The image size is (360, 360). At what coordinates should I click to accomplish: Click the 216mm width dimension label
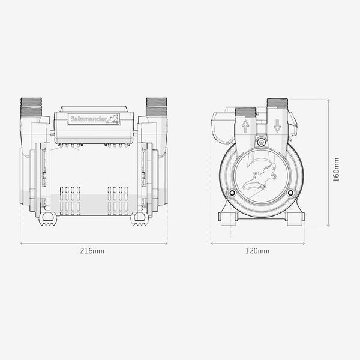pos(92,251)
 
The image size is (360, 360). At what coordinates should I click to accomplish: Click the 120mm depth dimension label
pos(257,251)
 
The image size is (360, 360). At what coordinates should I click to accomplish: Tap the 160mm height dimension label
pos(336,170)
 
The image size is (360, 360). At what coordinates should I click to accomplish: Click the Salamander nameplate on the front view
pos(94,119)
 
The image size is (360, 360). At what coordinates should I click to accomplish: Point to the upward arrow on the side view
pos(245,126)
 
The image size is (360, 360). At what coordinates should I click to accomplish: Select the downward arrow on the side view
pos(277,126)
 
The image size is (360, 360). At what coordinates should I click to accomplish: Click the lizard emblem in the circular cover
pos(260,177)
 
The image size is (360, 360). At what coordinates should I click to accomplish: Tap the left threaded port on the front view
pos(31,107)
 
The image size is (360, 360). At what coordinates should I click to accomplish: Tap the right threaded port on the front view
pos(157,107)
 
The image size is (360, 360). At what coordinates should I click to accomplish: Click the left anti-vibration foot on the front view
pos(48,219)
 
